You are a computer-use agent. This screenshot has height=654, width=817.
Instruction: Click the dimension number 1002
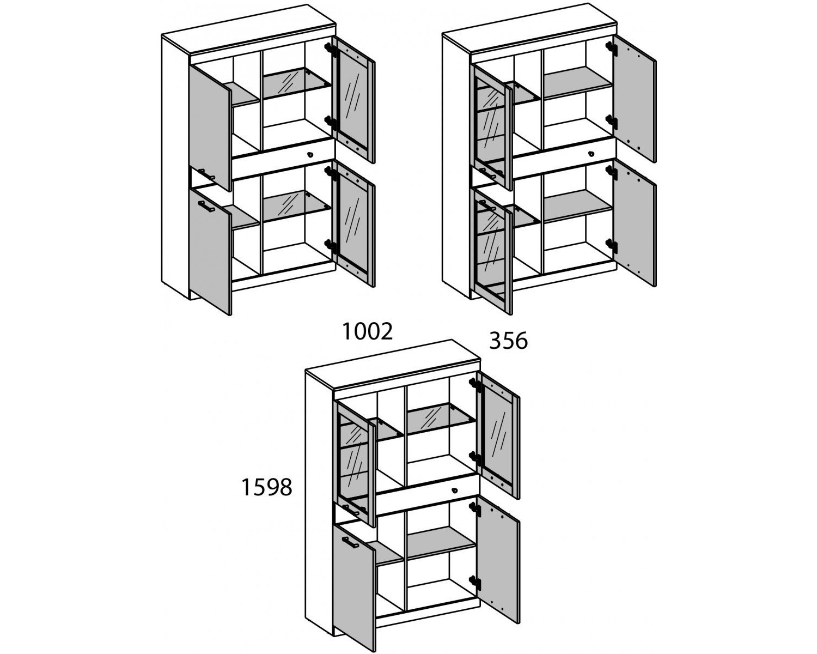(x=368, y=332)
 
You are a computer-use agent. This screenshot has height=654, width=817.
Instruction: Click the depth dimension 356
(x=508, y=341)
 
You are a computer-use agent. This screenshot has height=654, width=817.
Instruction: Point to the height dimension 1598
(x=267, y=487)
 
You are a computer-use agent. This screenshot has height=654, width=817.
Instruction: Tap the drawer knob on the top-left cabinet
(x=310, y=154)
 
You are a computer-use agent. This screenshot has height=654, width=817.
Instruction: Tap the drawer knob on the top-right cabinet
(x=591, y=154)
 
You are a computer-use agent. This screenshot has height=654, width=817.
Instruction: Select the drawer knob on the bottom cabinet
(x=454, y=491)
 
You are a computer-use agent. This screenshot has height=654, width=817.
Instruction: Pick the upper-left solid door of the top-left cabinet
(x=210, y=128)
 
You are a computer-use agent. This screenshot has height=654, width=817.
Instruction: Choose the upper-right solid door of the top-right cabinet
(x=635, y=99)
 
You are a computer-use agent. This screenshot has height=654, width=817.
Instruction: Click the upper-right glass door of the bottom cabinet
(x=498, y=435)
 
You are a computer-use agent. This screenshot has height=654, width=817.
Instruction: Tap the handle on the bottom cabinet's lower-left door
(x=350, y=542)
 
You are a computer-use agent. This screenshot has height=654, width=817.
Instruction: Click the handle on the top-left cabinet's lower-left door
(x=206, y=207)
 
